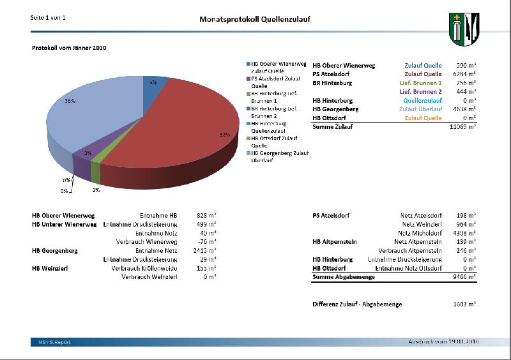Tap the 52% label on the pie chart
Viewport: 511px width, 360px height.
[x=224, y=135]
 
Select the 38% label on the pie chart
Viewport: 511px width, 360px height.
[x=70, y=101]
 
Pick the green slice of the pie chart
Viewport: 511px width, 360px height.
[x=96, y=171]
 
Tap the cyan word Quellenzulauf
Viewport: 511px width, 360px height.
[x=422, y=101]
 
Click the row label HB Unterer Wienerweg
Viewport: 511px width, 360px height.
[x=64, y=225]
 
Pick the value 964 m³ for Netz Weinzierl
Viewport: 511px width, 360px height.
[x=466, y=225]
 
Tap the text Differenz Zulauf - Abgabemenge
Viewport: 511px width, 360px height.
[x=357, y=304]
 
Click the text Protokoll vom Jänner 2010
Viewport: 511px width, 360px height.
[x=70, y=48]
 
